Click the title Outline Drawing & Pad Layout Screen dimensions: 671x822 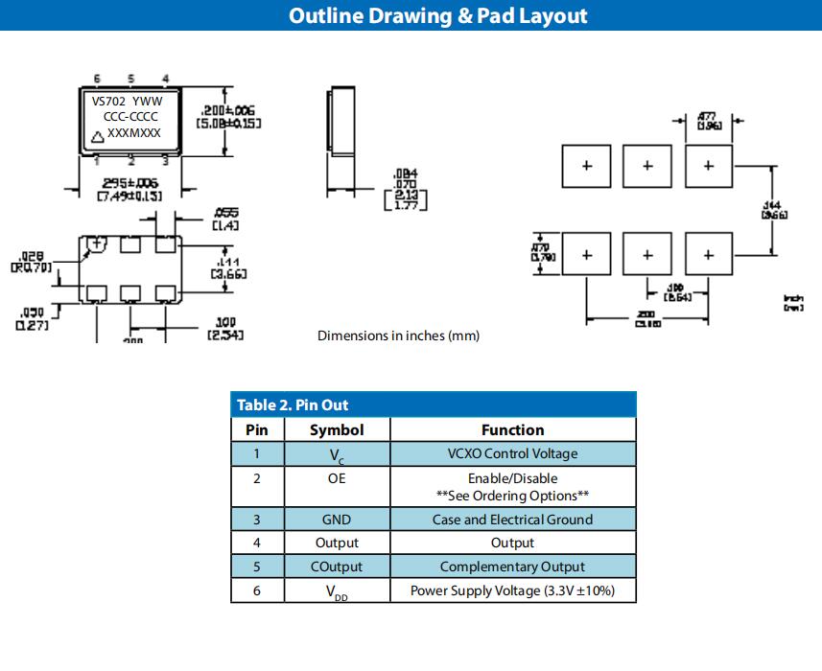point(437,16)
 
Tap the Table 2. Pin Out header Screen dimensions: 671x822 point(293,405)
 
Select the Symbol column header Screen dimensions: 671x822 point(336,430)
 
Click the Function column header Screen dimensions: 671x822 point(512,430)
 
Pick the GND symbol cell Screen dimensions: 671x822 point(336,520)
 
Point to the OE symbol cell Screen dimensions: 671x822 point(336,478)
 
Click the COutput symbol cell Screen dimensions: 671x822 point(336,567)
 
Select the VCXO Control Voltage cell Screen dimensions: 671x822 point(512,453)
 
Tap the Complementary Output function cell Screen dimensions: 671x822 point(512,567)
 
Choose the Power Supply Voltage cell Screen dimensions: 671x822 point(512,590)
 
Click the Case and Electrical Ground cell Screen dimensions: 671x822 point(512,520)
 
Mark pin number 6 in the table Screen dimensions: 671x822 point(256,590)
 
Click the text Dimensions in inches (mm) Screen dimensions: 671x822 point(398,335)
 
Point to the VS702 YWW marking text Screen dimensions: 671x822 point(127,101)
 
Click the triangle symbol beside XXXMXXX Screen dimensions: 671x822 point(97,135)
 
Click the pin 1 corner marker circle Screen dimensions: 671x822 point(98,244)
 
